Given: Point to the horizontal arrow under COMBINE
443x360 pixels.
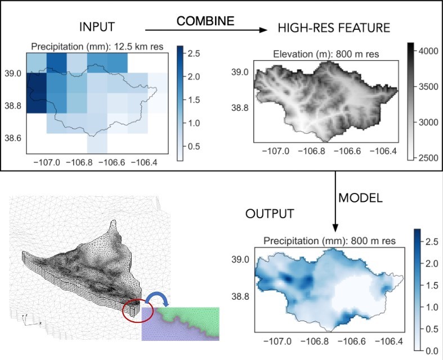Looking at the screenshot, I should (x=205, y=30).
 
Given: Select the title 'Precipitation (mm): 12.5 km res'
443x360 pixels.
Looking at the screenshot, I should (x=97, y=47).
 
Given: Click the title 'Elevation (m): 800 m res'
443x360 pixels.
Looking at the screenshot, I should (x=325, y=55).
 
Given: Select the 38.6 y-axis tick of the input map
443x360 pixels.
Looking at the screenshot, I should (x=12, y=138).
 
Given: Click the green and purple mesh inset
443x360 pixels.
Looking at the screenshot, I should (x=180, y=324).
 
